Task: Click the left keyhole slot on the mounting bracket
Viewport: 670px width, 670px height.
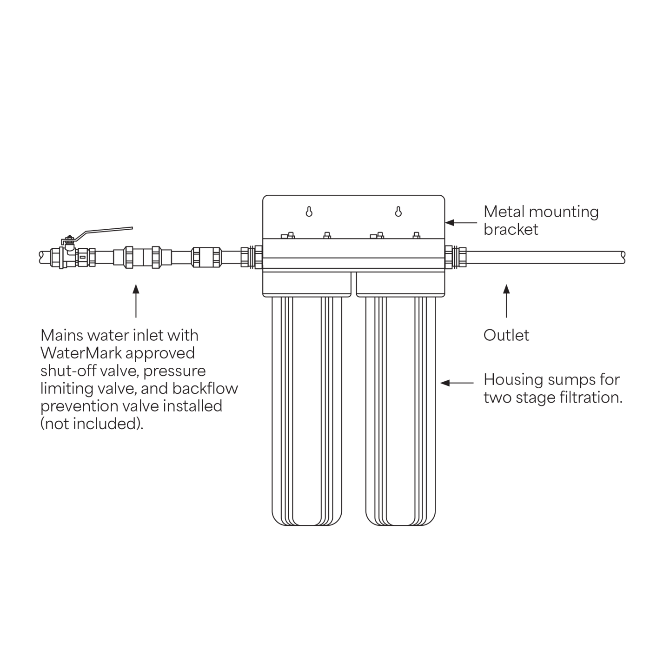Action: (309, 212)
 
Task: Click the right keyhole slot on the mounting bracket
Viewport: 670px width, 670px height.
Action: (398, 212)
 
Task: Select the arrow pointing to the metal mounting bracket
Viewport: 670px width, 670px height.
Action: (461, 223)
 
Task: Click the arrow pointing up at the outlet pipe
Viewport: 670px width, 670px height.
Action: (507, 301)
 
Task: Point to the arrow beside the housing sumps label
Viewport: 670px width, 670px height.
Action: (457, 383)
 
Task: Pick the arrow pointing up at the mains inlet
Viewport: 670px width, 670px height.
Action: (136, 301)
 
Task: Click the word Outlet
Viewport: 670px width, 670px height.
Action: (506, 335)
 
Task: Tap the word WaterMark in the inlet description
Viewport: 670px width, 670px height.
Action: (81, 353)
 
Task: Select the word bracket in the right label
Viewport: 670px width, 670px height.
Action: (511, 230)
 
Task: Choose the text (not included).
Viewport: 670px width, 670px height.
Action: (92, 424)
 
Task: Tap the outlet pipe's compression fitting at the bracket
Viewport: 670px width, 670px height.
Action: (456, 257)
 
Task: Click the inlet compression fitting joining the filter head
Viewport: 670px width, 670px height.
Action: (252, 257)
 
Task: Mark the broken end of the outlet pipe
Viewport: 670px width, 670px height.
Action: (623, 257)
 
